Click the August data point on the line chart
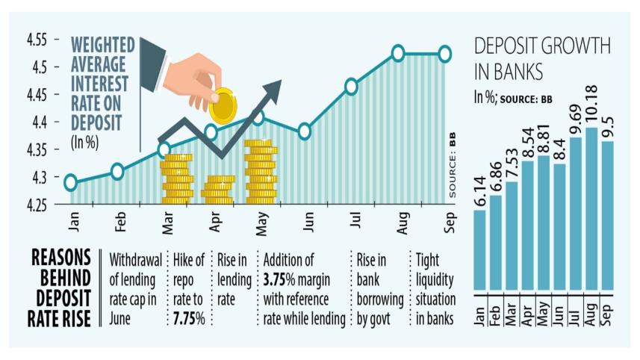[x=398, y=53]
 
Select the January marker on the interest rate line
[x=70, y=182]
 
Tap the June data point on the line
[x=304, y=131]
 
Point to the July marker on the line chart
[x=351, y=87]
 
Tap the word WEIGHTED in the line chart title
[x=103, y=44]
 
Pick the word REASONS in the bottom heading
[x=61, y=258]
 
